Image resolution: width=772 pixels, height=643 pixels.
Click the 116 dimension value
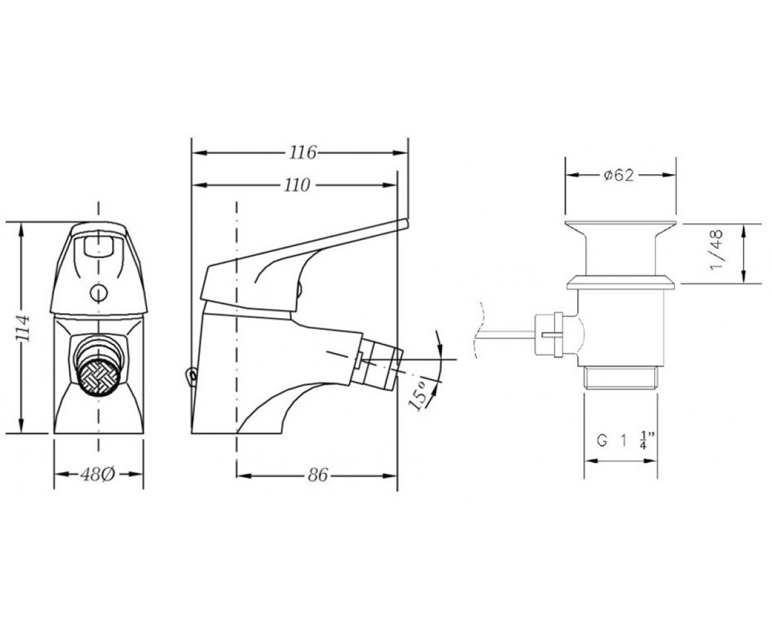pyautogui.click(x=302, y=152)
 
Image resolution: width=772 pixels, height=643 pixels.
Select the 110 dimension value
pyautogui.click(x=297, y=186)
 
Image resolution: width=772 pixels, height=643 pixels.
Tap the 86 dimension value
pyautogui.click(x=318, y=475)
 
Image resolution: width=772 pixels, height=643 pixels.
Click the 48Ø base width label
pyautogui.click(x=98, y=475)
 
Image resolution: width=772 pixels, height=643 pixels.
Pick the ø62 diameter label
pyautogui.click(x=618, y=175)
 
